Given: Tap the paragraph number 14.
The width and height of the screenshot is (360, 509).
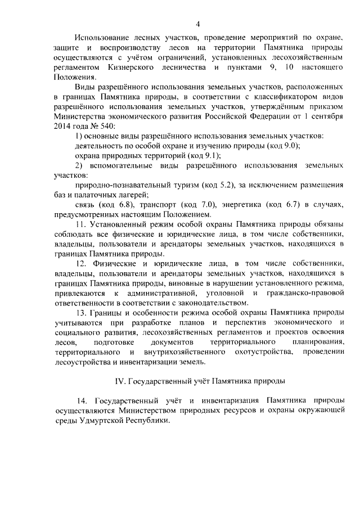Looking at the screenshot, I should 82,400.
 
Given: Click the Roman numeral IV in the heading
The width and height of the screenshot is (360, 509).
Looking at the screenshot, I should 119,381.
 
